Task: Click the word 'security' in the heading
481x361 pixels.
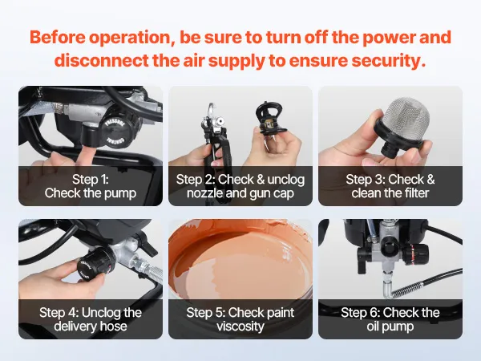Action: pos(388,60)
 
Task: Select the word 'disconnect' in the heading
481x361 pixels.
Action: pos(101,60)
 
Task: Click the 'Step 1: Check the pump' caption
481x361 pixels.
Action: pos(91,186)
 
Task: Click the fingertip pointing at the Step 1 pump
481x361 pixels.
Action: pos(89,152)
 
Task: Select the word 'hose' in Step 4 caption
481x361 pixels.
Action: pos(113,326)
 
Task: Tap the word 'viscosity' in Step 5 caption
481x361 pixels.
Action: pos(240,327)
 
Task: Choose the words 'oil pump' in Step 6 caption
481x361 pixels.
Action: pos(390,327)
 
